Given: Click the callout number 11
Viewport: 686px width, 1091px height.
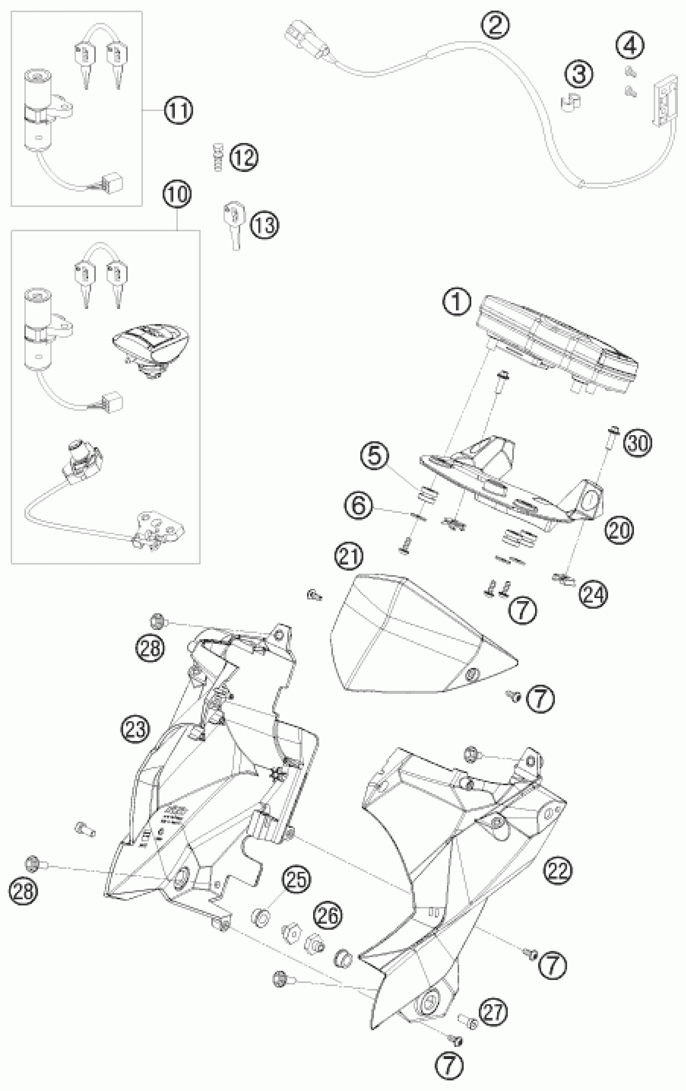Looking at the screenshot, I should click(x=178, y=110).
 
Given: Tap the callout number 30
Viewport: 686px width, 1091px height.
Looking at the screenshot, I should click(x=638, y=443).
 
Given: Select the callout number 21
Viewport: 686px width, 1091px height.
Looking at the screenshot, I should click(x=349, y=557).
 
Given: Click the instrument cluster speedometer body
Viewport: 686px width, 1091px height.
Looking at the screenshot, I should click(x=557, y=344).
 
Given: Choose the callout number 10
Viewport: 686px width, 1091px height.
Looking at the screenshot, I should click(x=177, y=194).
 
